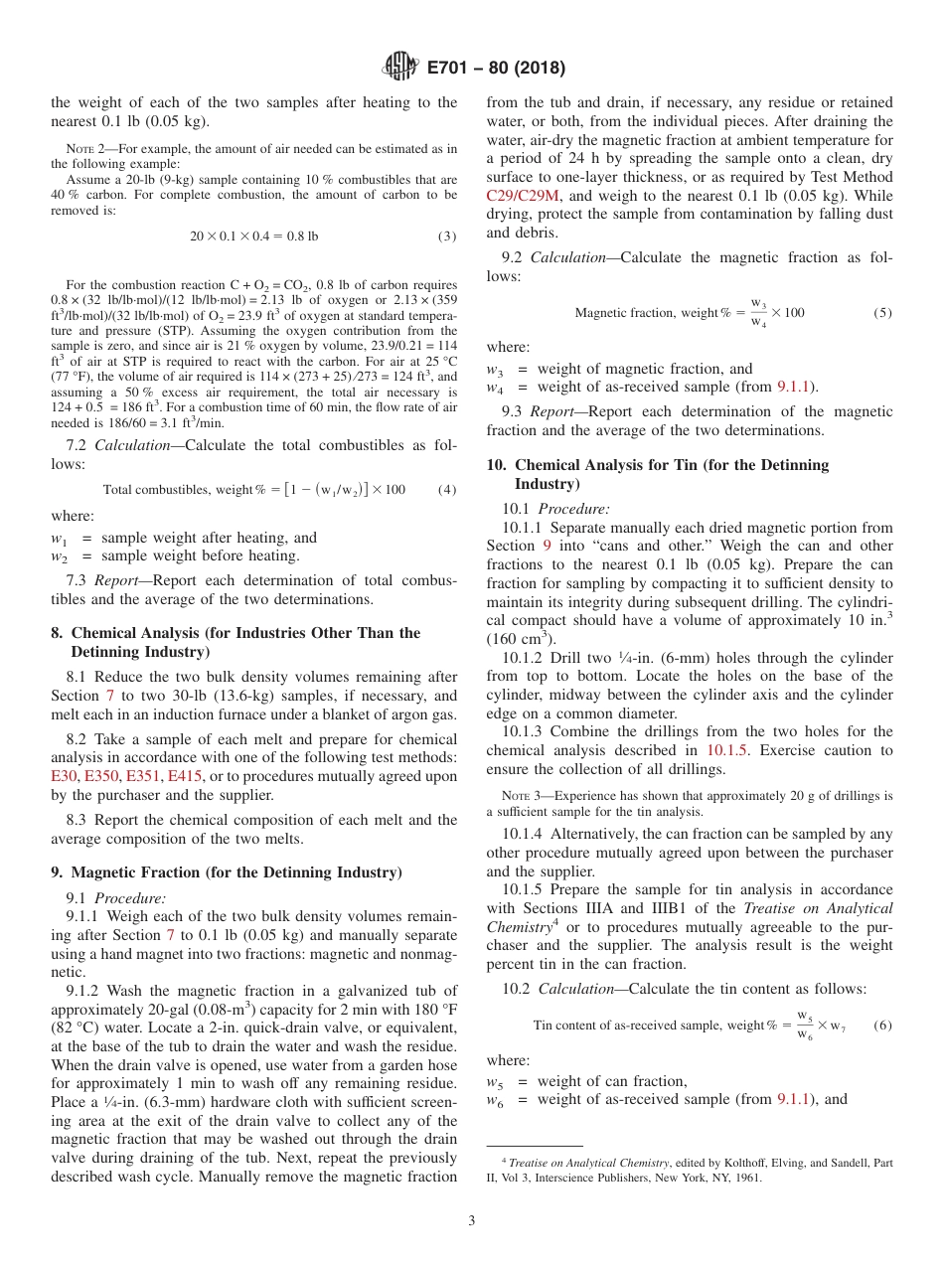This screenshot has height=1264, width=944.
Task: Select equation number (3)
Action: (446, 237)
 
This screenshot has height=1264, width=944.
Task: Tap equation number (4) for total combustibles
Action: (446, 489)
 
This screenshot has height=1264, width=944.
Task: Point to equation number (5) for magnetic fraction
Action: (882, 313)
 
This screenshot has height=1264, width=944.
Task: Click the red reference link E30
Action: (64, 776)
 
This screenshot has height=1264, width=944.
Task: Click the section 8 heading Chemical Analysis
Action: (238, 633)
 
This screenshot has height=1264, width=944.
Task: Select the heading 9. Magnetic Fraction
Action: (226, 872)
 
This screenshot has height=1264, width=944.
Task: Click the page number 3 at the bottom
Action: (472, 1221)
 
